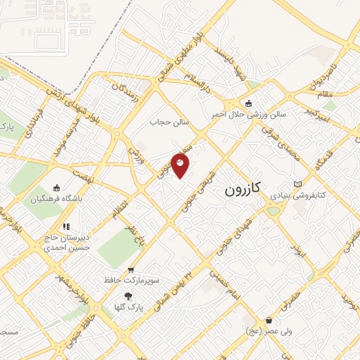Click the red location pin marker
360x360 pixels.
click(181, 166)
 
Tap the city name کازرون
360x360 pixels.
click(243, 189)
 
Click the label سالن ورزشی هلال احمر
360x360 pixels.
click(249, 113)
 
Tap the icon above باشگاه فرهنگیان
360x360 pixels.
click(57, 189)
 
